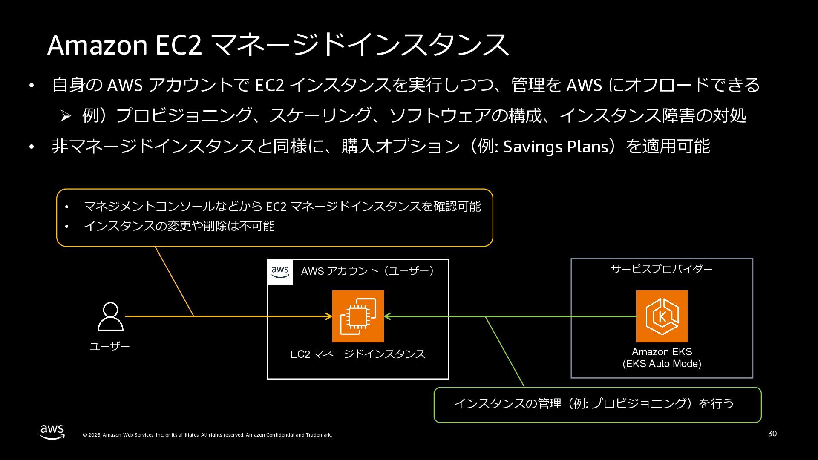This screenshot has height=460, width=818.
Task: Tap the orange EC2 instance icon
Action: click(358, 316)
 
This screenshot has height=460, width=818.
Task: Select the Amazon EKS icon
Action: click(662, 316)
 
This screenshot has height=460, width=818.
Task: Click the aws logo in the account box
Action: click(280, 272)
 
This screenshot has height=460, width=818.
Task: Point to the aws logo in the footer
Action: click(52, 432)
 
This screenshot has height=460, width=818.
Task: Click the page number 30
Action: click(772, 434)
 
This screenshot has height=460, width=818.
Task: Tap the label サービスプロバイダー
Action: click(662, 269)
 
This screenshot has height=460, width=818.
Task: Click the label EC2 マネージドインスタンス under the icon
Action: click(358, 354)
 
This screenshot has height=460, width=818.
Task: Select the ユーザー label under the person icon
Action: click(109, 346)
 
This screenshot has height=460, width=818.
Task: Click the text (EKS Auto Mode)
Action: click(662, 364)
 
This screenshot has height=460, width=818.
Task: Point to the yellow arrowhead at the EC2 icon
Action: click(329, 316)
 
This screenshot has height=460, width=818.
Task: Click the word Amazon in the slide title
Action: click(97, 45)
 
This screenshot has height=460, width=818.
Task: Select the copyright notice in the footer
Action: click(207, 435)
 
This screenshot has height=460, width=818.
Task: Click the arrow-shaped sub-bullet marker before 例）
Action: click(65, 116)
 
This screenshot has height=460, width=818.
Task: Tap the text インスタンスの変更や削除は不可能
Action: click(179, 226)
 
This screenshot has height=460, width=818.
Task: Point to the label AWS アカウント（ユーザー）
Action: click(369, 271)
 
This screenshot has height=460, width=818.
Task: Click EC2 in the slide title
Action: click(179, 45)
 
